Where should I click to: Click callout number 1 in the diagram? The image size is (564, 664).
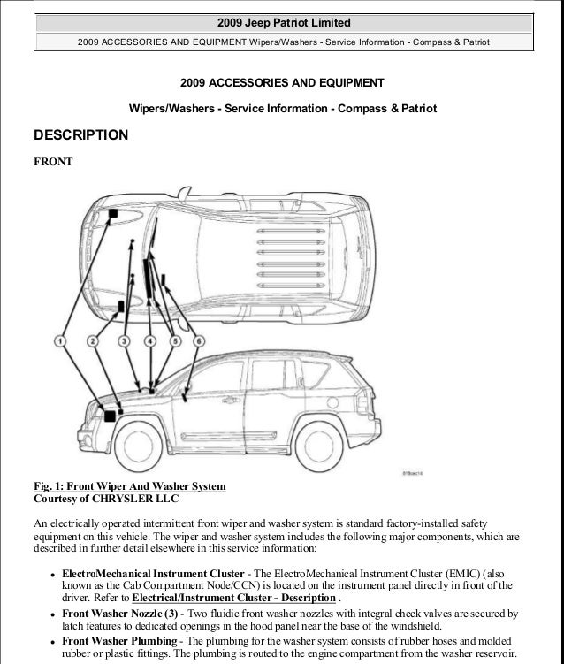point(61,340)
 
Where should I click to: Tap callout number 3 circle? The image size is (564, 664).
point(124,340)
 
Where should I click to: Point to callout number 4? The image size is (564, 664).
point(151,340)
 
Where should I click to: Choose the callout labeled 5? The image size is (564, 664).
point(175,340)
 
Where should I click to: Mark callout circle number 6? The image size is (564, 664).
point(200,340)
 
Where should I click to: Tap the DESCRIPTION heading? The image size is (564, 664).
point(80,136)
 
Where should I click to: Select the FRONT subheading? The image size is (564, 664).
point(52,162)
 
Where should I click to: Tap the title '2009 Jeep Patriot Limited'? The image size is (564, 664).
point(282,21)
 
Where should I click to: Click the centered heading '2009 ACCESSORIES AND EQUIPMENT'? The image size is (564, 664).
point(282,83)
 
